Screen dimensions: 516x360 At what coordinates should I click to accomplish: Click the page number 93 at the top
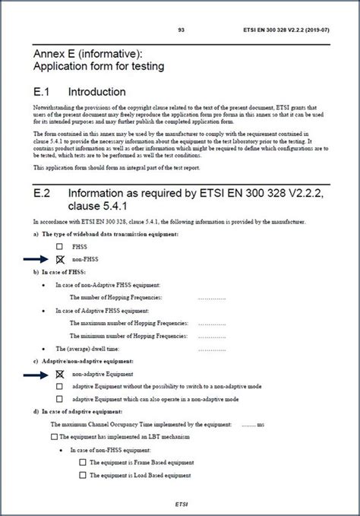182,30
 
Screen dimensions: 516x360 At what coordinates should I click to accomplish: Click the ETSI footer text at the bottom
182,502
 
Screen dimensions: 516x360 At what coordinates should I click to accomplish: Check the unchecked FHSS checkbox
59,247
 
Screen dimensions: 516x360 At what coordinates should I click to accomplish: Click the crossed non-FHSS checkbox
59,259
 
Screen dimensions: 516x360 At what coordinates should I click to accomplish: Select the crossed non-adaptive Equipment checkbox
59,375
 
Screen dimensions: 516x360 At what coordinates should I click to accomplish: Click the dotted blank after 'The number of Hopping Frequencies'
212,297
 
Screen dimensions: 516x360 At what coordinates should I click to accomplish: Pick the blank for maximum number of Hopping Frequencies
212,324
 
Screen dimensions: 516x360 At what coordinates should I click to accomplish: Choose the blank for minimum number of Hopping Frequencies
212,335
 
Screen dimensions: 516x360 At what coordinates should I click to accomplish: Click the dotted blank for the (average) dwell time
212,349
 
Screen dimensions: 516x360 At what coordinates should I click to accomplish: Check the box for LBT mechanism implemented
53,437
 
